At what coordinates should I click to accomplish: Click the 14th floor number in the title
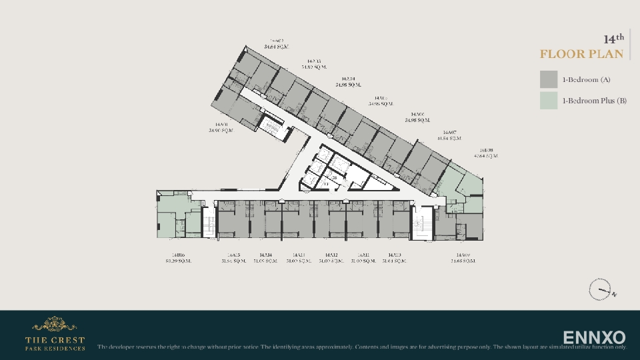pyautogui.click(x=613, y=39)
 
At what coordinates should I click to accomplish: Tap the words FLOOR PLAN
pyautogui.click(x=581, y=54)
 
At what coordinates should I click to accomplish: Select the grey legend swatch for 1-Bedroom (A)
pyautogui.click(x=549, y=79)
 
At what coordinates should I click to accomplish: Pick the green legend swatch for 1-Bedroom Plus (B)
pyautogui.click(x=549, y=101)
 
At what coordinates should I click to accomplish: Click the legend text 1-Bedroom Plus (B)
pyautogui.click(x=594, y=101)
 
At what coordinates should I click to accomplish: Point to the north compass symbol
pyautogui.click(x=601, y=290)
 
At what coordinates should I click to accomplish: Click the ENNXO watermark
pyautogui.click(x=594, y=337)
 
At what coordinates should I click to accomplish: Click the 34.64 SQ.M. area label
pyautogui.click(x=277, y=47)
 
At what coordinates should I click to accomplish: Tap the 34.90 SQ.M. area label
pyautogui.click(x=221, y=131)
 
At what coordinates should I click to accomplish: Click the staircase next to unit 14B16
pyautogui.click(x=209, y=221)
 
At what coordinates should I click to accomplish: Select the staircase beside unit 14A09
pyautogui.click(x=421, y=223)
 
